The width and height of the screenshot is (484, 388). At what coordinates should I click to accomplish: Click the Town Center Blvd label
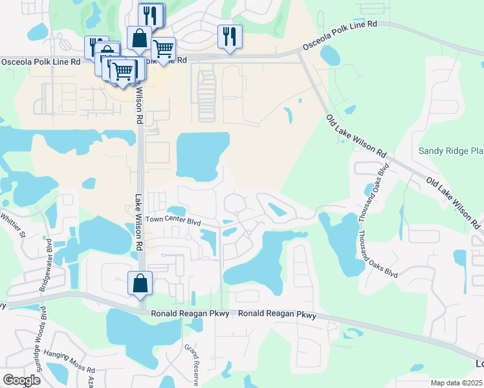174,221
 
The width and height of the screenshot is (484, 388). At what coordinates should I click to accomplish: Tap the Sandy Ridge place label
451,151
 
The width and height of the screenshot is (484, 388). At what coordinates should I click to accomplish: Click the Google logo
21,380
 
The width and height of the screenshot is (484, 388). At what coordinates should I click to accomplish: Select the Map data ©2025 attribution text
456,383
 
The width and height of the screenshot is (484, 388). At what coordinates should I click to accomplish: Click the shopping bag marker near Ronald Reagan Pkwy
140,283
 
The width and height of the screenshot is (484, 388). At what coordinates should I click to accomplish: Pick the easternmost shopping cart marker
163,48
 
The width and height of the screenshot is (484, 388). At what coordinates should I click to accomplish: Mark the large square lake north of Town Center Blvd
203,156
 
